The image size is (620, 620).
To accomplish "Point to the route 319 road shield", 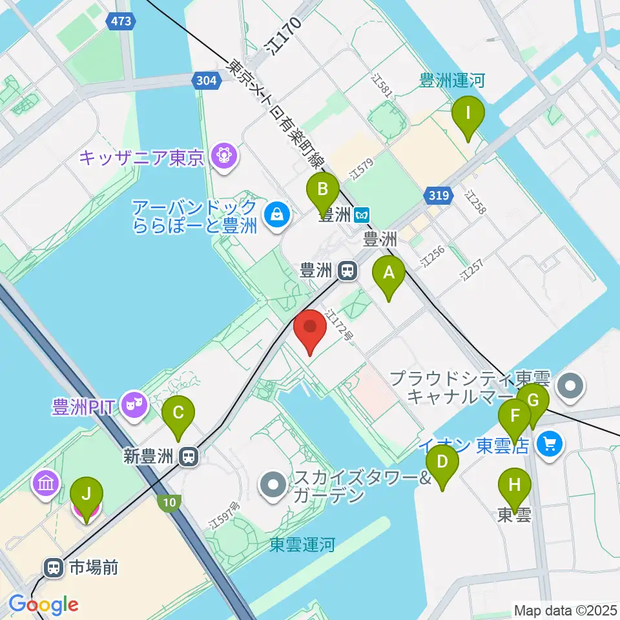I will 437,194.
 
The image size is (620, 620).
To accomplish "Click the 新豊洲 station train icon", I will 189,457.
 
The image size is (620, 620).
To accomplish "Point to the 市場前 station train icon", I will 52,568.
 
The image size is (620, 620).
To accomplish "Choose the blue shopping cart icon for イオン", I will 550,444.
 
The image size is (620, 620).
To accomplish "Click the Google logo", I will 43,604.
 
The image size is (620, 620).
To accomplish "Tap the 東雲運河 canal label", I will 302,544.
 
